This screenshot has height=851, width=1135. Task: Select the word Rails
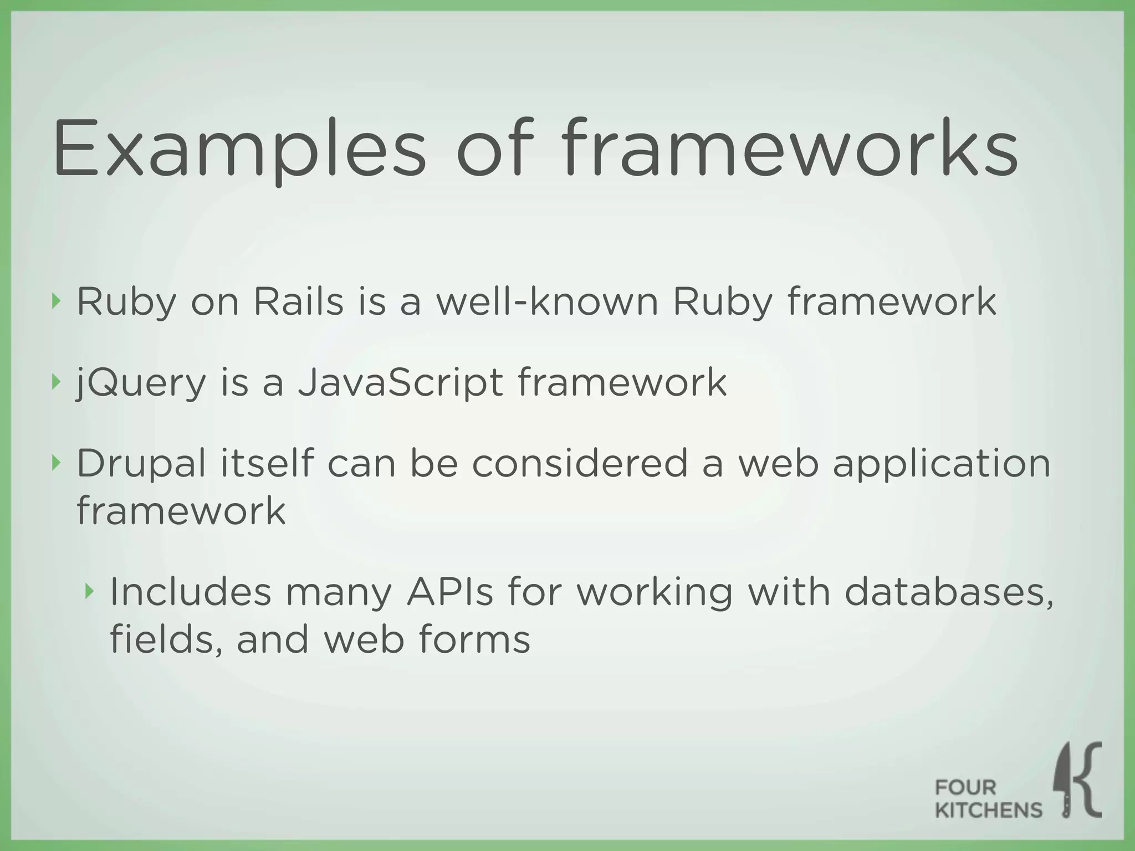click(299, 303)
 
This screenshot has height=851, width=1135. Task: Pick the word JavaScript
click(401, 383)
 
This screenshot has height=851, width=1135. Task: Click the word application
click(942, 464)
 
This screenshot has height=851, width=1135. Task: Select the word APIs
click(449, 592)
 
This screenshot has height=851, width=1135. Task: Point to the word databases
click(948, 592)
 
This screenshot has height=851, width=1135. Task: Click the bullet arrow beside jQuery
click(54, 382)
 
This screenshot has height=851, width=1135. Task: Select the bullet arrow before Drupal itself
click(54, 463)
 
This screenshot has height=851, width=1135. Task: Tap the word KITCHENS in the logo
click(989, 811)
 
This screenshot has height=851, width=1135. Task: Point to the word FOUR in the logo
click(965, 787)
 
